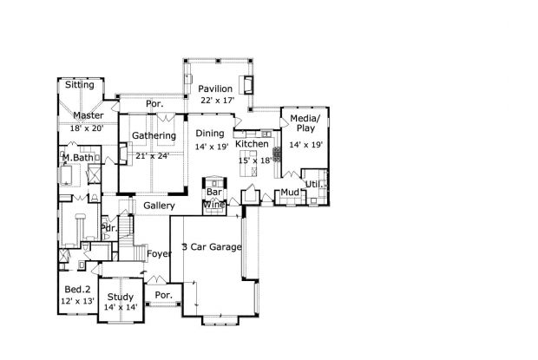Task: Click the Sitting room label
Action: [x=80, y=85]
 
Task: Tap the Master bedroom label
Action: [x=89, y=115]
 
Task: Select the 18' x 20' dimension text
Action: [x=87, y=128]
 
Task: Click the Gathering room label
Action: [x=154, y=136]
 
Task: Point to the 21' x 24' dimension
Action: [x=153, y=156]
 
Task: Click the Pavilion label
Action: [x=215, y=88]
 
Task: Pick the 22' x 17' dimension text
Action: [x=218, y=101]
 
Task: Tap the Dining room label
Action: [x=210, y=134]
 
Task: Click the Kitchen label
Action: [x=252, y=144]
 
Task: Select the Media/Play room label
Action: [x=305, y=123]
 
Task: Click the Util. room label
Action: [x=314, y=185]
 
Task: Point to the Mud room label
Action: [x=290, y=193]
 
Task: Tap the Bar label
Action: [x=214, y=192]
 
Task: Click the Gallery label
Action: [x=159, y=206]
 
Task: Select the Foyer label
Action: [x=159, y=254]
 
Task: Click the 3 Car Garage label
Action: [x=212, y=247]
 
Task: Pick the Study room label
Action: [x=121, y=298]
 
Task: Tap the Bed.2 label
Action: [x=77, y=290]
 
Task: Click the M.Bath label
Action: [x=77, y=158]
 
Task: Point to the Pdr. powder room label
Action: [x=109, y=228]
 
